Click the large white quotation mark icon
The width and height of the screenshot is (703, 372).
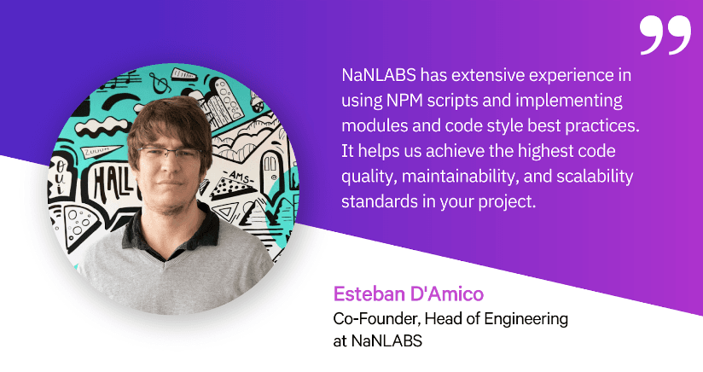coord(664,34)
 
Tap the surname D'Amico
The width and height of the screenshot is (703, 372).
coord(447,295)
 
